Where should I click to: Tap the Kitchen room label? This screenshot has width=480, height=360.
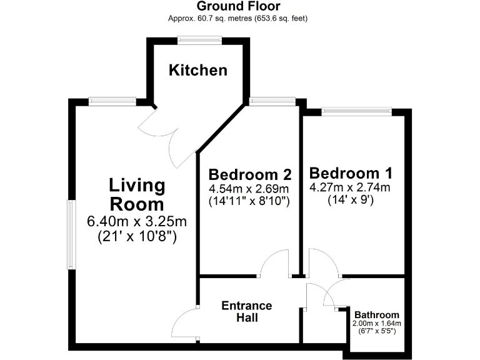click(x=198, y=70)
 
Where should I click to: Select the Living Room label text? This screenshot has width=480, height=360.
click(x=137, y=194)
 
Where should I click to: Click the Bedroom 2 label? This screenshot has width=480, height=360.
click(x=250, y=174)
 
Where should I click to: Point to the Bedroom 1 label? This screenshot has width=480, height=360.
click(x=351, y=172)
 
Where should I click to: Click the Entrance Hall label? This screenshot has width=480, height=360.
click(x=247, y=311)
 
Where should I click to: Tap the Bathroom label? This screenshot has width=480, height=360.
click(x=376, y=314)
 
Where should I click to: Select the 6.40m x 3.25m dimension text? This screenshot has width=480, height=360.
click(x=137, y=222)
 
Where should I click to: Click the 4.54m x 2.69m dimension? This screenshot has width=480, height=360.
click(x=249, y=189)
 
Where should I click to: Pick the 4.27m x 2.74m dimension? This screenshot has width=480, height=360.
click(x=350, y=187)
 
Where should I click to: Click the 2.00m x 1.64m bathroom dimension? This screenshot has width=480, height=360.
click(x=376, y=323)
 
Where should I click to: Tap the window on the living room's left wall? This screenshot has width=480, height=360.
click(x=71, y=235)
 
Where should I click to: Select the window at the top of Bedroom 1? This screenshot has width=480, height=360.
click(x=357, y=111)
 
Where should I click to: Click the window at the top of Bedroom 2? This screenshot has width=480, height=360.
click(x=272, y=100)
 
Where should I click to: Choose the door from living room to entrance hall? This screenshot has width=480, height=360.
click(x=184, y=325)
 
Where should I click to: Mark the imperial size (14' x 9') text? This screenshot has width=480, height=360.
click(x=350, y=201)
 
